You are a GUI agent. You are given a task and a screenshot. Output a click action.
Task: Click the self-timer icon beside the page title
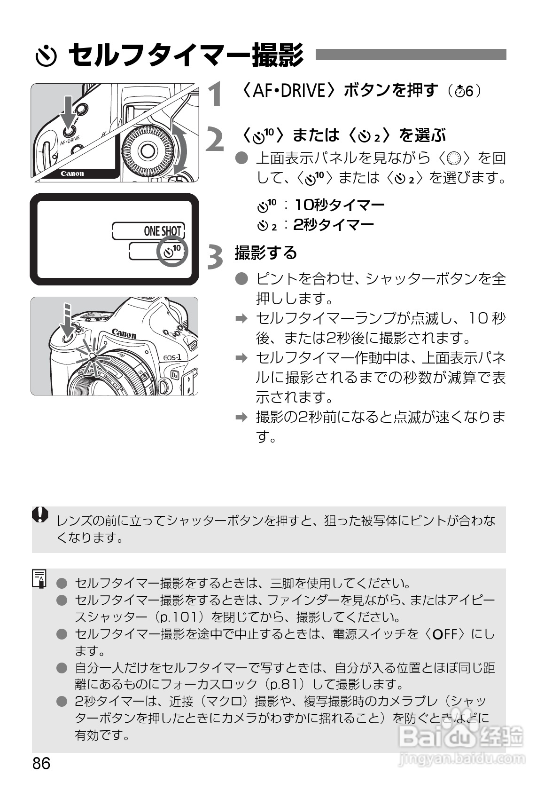[x=46, y=56]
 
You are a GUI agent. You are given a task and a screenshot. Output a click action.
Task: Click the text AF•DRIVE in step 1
[x=288, y=90]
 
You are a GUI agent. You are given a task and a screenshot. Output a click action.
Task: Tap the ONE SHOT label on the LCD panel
[x=163, y=231]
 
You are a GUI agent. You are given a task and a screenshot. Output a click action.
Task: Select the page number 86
[x=41, y=763]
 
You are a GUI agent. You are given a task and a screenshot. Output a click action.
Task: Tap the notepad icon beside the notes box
[x=39, y=578]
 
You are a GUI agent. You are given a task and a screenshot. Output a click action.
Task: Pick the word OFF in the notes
[x=445, y=634]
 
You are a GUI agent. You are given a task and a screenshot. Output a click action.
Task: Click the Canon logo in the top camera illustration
[x=72, y=174]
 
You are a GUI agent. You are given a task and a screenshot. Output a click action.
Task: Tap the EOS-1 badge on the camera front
[x=172, y=357]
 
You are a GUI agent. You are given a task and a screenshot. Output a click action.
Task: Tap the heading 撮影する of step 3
[x=266, y=253]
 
